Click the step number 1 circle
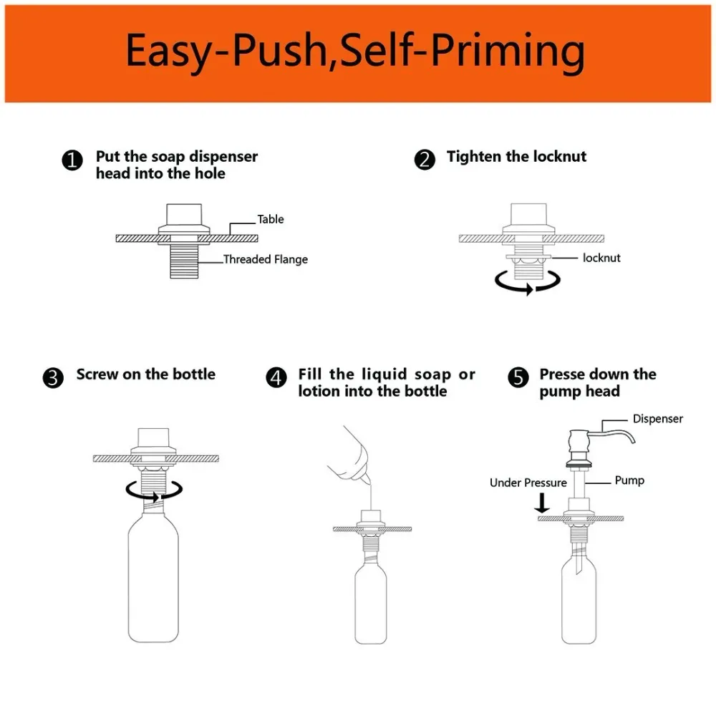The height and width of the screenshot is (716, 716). point(72,160)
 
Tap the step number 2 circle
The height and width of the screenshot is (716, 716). point(425,160)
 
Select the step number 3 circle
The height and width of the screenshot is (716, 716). point(53,378)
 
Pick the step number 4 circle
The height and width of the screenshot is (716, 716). point(276,378)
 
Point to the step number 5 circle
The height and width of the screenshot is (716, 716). point(518,378)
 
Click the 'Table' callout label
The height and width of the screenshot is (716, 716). point(271,219)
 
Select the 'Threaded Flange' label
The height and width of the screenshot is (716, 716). point(266,259)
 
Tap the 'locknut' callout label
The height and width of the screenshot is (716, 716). point(601,258)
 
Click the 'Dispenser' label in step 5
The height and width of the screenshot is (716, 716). point(657,419)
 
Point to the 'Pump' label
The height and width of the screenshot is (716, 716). point(629,480)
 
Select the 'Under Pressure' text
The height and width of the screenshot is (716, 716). point(528,483)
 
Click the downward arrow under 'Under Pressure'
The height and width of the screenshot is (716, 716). point(543,503)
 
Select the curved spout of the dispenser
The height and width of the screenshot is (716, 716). point(616,434)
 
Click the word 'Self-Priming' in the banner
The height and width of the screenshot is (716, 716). point(462,52)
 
